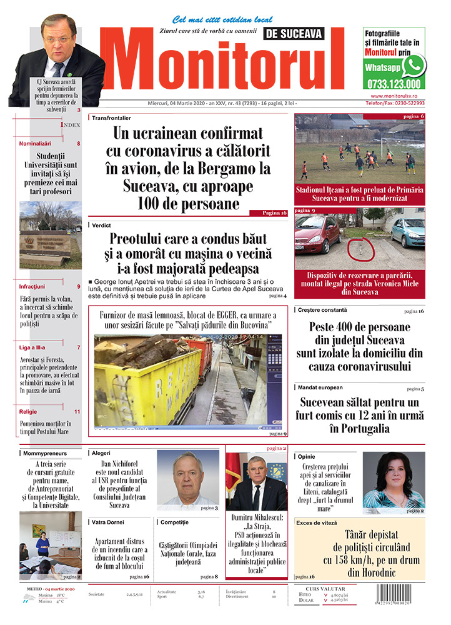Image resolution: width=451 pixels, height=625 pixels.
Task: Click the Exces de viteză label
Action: tap(317, 522)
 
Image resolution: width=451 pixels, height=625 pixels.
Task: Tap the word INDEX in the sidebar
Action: tap(70, 125)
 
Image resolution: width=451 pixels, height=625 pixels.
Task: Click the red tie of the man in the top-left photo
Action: tap(59, 69)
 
